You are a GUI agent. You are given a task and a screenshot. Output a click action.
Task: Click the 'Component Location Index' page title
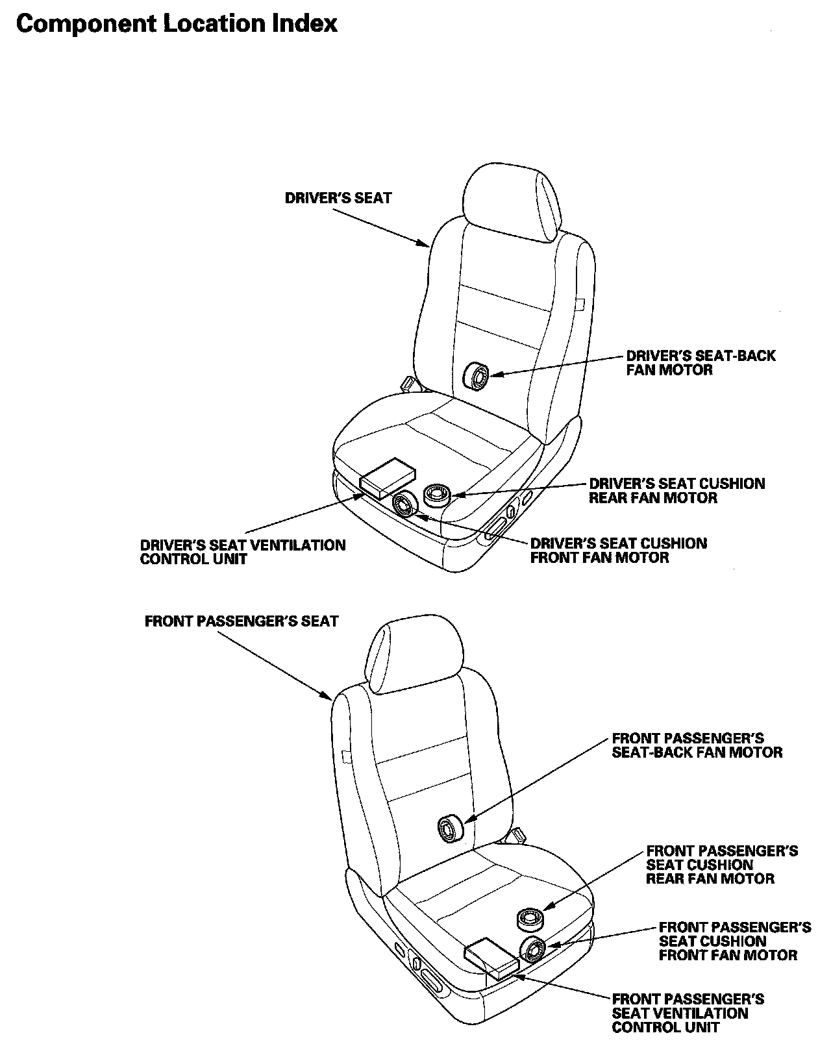tap(177, 24)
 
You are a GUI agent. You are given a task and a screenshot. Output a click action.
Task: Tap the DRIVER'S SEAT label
tap(338, 198)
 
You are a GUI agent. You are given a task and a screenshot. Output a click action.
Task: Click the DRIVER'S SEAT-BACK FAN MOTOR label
tap(701, 363)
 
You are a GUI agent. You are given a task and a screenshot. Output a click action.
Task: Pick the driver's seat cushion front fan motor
tap(406, 504)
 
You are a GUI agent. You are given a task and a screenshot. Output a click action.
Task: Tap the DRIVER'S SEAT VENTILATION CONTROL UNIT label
tap(243, 552)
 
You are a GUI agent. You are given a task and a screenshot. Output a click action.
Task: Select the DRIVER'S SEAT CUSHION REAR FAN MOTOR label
tap(676, 491)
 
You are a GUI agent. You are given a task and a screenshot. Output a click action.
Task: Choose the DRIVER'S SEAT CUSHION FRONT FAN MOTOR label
tap(619, 551)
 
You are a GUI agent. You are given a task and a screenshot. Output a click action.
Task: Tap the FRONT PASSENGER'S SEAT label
tap(242, 621)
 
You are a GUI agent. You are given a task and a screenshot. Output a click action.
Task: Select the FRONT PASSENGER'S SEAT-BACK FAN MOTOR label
tap(697, 745)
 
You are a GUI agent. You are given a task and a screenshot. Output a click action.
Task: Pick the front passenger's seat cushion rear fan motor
tap(530, 919)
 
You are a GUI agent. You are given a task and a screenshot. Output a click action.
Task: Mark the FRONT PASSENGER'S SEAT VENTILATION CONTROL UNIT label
tap(688, 1013)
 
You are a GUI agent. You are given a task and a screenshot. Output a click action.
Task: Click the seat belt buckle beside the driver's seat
tap(409, 383)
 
